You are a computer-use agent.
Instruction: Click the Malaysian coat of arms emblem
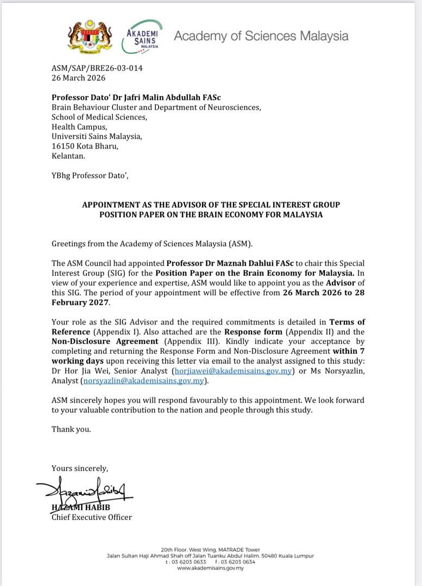(x=88, y=36)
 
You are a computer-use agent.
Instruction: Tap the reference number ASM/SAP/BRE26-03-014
(x=97, y=68)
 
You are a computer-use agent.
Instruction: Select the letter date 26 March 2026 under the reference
(x=78, y=78)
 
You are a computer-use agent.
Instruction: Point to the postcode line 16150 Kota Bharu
(x=85, y=146)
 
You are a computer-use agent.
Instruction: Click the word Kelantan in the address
(x=68, y=156)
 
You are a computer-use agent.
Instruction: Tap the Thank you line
(x=71, y=429)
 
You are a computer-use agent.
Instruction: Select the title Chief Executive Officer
(x=91, y=517)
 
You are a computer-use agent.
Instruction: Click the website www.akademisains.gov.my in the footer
(x=210, y=568)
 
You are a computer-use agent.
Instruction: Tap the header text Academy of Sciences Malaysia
(x=261, y=36)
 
